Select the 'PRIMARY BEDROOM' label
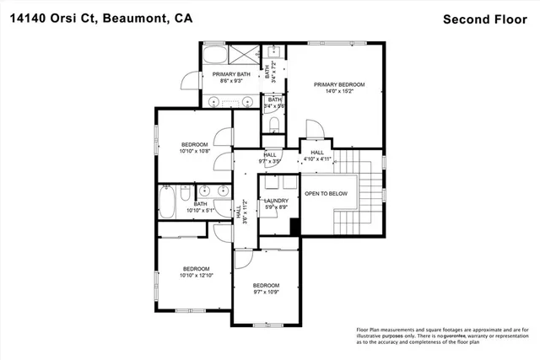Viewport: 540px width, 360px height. click(338, 84)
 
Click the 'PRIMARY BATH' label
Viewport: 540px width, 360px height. click(231, 74)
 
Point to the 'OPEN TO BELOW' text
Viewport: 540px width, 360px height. click(327, 193)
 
